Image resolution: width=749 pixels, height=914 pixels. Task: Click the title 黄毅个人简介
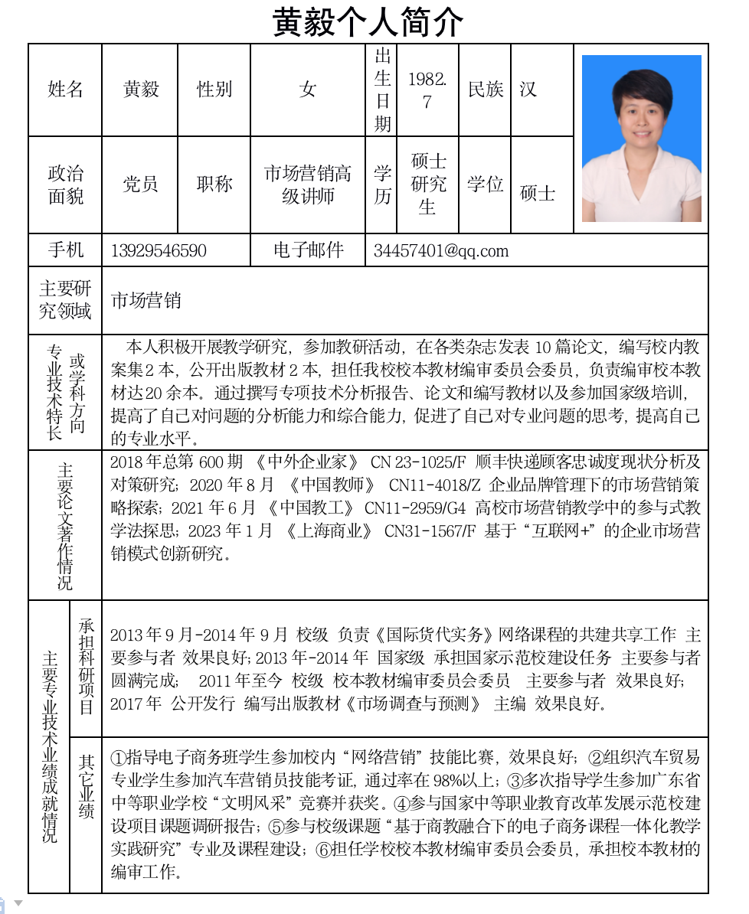(x=368, y=22)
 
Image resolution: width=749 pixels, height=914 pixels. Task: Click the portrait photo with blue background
(x=641, y=139)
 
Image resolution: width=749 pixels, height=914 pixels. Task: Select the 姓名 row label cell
(x=65, y=90)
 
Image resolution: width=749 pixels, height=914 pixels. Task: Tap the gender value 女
(x=308, y=90)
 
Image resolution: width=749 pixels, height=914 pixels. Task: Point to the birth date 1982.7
(x=427, y=90)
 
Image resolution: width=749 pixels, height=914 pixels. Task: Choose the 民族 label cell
(x=486, y=90)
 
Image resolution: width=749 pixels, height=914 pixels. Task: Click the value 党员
(x=140, y=184)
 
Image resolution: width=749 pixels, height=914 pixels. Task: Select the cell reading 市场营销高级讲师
(x=308, y=184)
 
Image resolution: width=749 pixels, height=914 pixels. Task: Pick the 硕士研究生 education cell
(x=428, y=184)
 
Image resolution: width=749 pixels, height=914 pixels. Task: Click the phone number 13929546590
(x=159, y=251)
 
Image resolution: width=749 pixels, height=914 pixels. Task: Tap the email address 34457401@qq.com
(x=441, y=251)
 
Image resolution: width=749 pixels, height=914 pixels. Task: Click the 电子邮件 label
(x=308, y=250)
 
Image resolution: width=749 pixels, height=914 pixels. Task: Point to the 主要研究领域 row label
(x=65, y=300)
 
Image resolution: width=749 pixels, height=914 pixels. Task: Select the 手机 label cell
(x=65, y=250)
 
